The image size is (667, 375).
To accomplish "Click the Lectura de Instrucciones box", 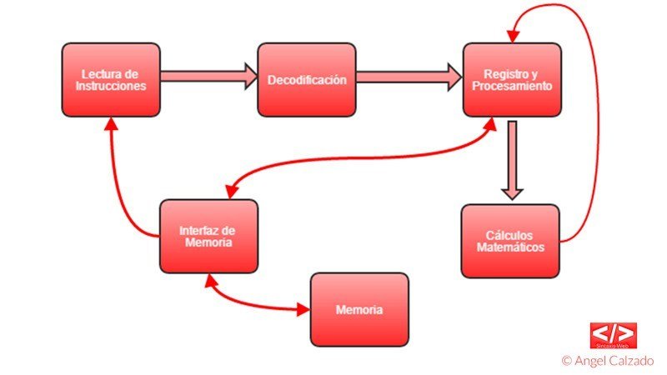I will pyautogui.click(x=110, y=79).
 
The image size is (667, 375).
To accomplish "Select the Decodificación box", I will pyautogui.click(x=306, y=79).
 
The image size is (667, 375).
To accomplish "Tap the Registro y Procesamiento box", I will pyautogui.click(x=512, y=79).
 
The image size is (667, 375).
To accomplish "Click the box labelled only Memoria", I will pyautogui.click(x=359, y=309).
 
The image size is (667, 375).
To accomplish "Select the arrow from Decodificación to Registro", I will pyautogui.click(x=409, y=77).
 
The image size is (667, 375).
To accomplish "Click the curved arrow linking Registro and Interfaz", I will pyautogui.click(x=359, y=158).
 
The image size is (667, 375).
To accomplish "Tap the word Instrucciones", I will pyautogui.click(x=110, y=86).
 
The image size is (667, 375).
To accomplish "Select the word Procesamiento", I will pyautogui.click(x=512, y=86).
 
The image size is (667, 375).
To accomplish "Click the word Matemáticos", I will pyautogui.click(x=509, y=247).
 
